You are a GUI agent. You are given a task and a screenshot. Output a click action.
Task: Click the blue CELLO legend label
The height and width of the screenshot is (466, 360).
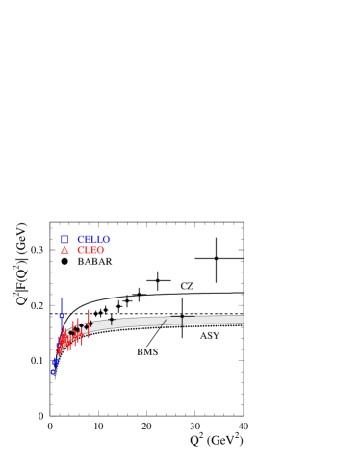click(93, 239)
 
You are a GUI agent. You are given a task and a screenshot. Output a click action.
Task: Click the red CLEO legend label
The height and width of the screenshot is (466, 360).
click(90, 250)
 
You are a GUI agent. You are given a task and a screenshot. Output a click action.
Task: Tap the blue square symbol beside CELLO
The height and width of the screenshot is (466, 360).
click(65, 239)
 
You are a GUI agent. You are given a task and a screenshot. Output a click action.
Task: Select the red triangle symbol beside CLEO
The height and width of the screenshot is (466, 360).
click(65, 250)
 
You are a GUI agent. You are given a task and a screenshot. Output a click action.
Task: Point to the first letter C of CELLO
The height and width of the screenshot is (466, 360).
click(81, 239)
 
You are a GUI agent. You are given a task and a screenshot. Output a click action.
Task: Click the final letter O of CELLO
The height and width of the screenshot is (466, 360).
click(106, 239)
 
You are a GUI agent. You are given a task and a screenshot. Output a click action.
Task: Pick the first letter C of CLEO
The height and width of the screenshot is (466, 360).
click(81, 250)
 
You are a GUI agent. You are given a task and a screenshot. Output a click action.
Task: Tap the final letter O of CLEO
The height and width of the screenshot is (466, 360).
click(100, 250)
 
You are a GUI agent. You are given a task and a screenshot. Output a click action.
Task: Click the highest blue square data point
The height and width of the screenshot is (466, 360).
click(62, 317)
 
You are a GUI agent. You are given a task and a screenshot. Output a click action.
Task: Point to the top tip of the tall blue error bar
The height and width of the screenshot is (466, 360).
click(62, 297)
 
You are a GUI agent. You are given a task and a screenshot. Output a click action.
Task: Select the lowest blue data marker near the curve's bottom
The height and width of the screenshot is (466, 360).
click(54, 371)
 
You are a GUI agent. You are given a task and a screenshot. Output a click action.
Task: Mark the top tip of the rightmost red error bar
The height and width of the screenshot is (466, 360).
click(89, 309)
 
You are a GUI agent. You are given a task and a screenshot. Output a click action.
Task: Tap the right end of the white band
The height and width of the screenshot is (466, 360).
click(243, 320)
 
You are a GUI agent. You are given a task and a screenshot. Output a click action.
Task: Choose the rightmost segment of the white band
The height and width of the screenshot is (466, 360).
click(213, 320)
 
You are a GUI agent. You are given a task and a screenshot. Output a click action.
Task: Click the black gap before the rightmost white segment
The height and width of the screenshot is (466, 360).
click(182, 321)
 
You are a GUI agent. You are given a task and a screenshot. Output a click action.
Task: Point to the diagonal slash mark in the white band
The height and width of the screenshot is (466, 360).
click(164, 321)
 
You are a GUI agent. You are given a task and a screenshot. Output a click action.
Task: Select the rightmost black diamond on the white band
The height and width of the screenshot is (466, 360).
click(86, 327)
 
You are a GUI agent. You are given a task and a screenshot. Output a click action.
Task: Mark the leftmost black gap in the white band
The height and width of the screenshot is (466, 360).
click(112, 324)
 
